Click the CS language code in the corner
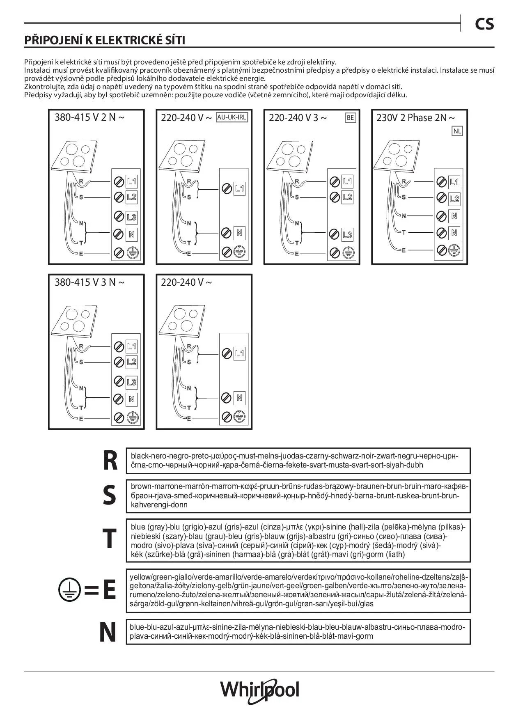coord(484,25)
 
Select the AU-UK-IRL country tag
coord(232,117)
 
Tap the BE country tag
coord(350,118)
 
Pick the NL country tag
coord(457,131)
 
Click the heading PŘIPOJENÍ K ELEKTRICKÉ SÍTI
coord(105,40)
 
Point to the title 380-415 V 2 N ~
coord(89,117)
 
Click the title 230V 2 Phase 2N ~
coord(415,118)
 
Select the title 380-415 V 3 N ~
coord(89,282)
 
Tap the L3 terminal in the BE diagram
coord(347,235)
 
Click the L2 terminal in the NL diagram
coord(454,199)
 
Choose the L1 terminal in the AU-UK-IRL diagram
coord(239,189)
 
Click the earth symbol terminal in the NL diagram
coord(454,250)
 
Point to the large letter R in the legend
coord(110,461)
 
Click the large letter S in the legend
coord(109,495)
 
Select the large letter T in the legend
coord(109,539)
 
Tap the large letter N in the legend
coord(108,633)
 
